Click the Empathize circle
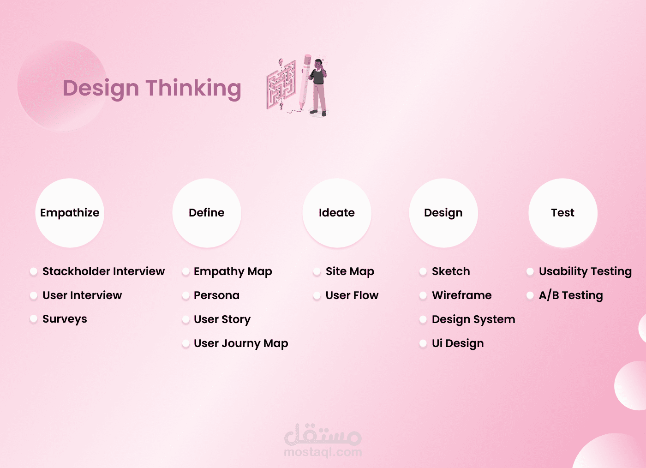pos(70,213)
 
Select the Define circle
pos(207,213)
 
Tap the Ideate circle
pos(337,213)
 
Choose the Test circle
pos(562,213)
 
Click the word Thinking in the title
pos(193,88)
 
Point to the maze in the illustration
pos(281,84)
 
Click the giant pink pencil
pos(305,81)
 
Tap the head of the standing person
pos(318,64)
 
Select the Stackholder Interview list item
pos(103,271)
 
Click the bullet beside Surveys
pos(34,319)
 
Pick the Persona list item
pos(216,295)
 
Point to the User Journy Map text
pos(241,343)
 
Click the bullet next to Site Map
pos(317,271)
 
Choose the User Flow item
pos(352,295)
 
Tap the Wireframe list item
pos(462,295)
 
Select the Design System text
pos(473,319)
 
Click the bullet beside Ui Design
pos(423,343)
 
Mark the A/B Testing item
pos(571,295)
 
